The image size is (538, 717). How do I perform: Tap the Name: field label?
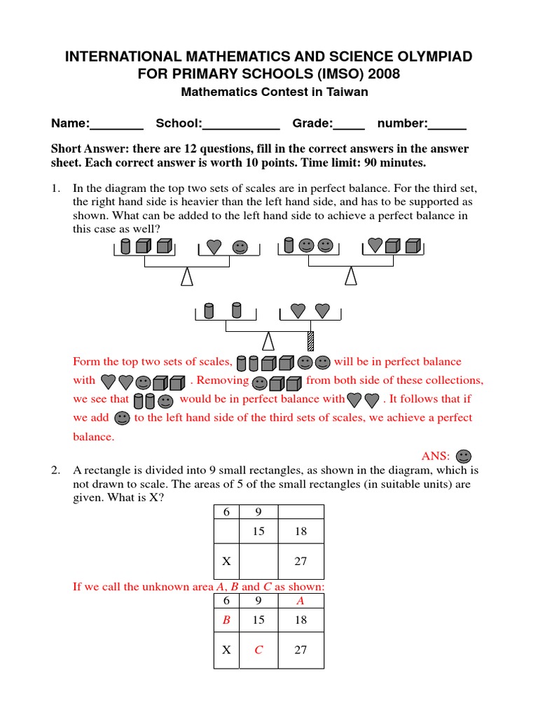[x=70, y=124]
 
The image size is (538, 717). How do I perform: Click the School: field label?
[x=179, y=124]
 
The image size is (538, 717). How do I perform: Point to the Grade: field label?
[x=312, y=124]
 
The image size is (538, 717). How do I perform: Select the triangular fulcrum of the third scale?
[x=267, y=340]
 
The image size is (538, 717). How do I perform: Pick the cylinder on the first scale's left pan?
[x=126, y=246]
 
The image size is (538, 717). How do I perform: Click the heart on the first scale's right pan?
[x=214, y=246]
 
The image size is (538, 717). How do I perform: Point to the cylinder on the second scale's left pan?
[x=288, y=245]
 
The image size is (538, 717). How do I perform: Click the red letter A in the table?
[x=301, y=600]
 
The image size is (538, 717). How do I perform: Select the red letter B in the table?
[x=226, y=620]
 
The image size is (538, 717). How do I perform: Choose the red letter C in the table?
[x=258, y=650]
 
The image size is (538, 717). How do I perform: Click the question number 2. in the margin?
[x=56, y=470]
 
